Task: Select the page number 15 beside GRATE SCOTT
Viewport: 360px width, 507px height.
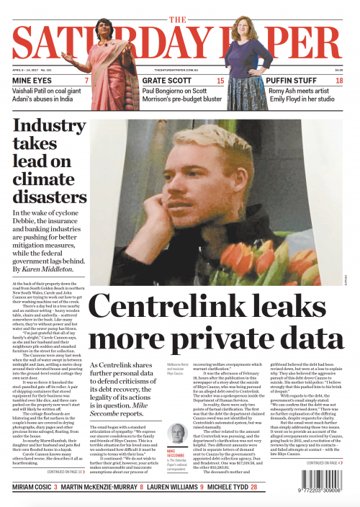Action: coord(220,81)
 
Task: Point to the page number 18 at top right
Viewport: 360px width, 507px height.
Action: coord(339,81)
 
